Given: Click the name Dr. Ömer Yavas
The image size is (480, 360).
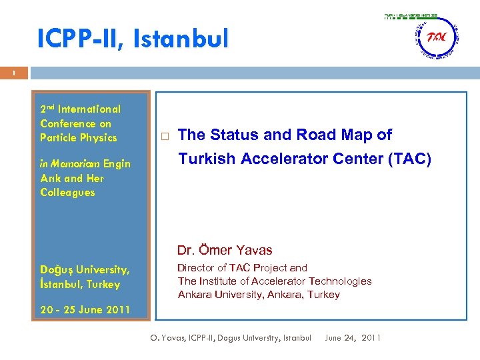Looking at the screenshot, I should click(225, 251).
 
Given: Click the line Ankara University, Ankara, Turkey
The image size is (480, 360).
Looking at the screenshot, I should click(259, 295).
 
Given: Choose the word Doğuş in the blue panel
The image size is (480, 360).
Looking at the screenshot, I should click(56, 270).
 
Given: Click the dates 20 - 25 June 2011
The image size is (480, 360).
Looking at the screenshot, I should click(85, 310).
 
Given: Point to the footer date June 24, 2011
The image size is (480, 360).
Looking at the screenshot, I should click(353, 338).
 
